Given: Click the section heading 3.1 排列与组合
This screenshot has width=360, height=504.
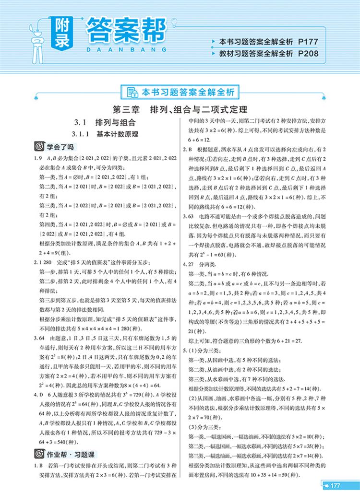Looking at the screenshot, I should [105, 122].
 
